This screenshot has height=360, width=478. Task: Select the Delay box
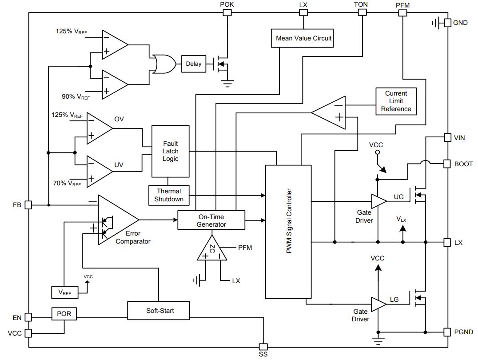pos(194,64)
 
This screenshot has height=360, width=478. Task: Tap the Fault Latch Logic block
pos(171,151)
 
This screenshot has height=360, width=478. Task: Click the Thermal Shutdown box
pos(169,195)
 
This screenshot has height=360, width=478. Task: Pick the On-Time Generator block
pos(211,220)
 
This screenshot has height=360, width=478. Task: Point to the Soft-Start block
pos(159,311)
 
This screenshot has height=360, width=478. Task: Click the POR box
pos(64,314)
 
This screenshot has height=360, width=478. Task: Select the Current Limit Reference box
pos(396,101)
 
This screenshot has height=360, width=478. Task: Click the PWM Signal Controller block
pos(288,232)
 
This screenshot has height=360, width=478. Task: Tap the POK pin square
pos(227,12)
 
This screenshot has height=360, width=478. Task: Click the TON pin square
pos(362,12)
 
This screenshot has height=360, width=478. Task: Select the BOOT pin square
pos(447,164)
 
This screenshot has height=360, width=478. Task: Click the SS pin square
pos(263,347)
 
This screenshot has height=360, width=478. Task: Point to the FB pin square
pos(28,205)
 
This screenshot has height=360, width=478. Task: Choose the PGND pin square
pos(447,332)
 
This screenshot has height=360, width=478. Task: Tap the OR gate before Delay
pos(164,64)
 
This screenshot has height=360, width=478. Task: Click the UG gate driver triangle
pos(378,201)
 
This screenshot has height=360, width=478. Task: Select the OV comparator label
pos(119,119)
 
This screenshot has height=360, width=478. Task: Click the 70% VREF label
pos(67,184)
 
